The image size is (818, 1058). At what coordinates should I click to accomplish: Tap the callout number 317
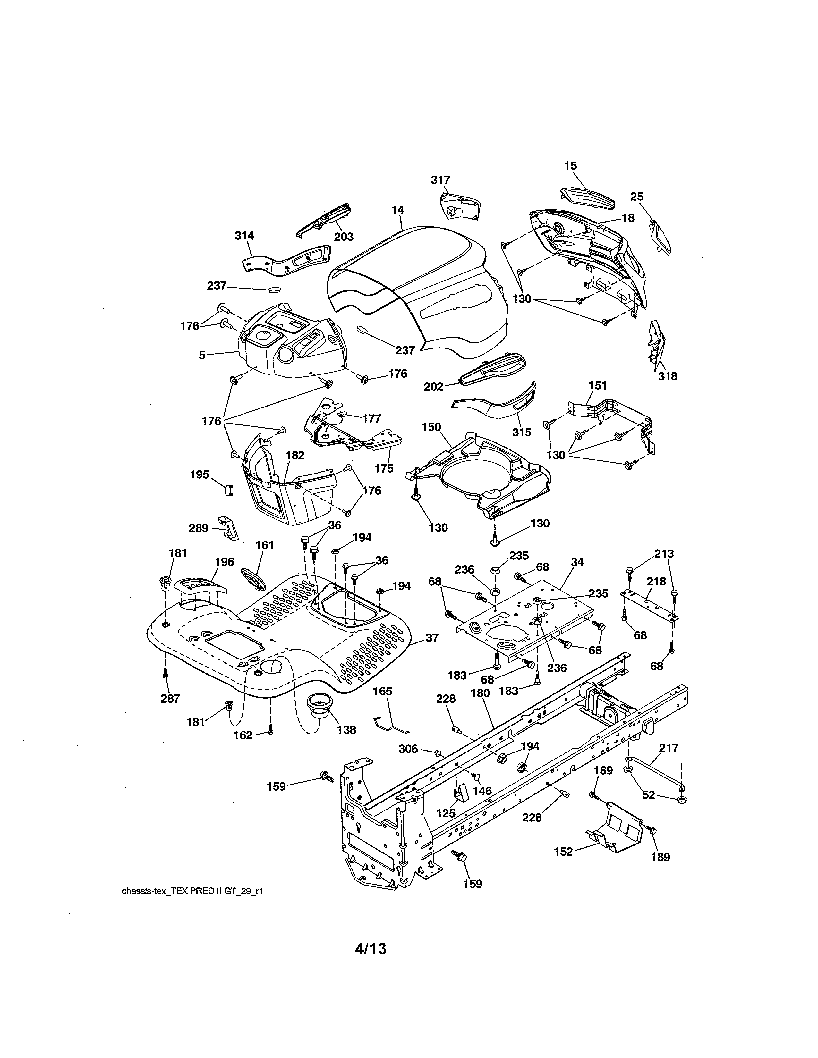(x=440, y=180)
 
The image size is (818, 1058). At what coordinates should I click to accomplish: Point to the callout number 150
(x=431, y=427)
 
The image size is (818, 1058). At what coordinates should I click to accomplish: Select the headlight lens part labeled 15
(x=587, y=197)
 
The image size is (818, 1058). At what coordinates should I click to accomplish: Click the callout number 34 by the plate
(x=577, y=562)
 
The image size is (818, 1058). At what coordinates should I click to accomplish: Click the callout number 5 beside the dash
(x=202, y=355)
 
